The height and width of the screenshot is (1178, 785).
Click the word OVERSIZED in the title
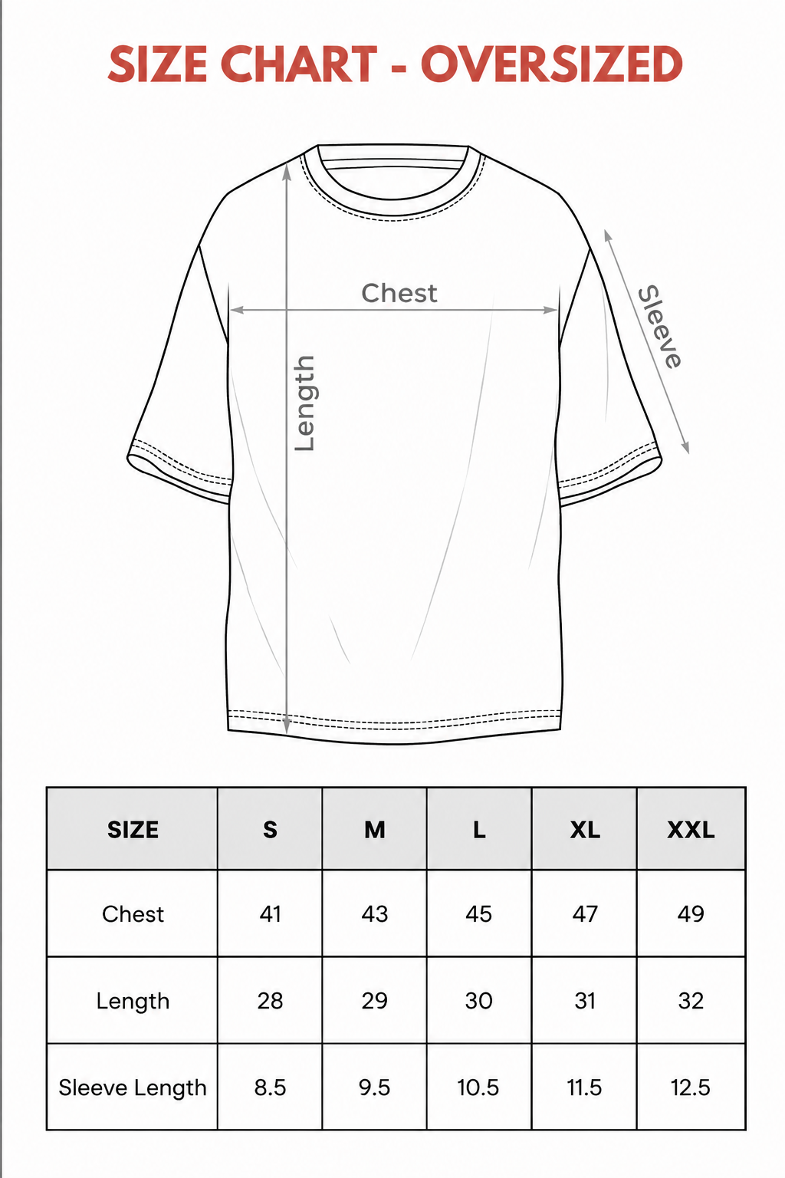pyautogui.click(x=551, y=64)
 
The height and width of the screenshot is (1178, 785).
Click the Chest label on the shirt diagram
pyautogui.click(x=399, y=293)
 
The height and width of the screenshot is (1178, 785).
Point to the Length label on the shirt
pyautogui.click(x=304, y=403)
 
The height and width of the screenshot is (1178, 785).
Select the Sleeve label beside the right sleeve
pyautogui.click(x=660, y=327)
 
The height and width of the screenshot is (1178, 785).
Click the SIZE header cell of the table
pyautogui.click(x=133, y=830)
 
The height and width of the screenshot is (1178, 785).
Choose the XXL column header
pyautogui.click(x=691, y=830)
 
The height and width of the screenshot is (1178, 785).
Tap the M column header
pyautogui.click(x=374, y=830)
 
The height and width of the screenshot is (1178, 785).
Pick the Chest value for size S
pyautogui.click(x=270, y=914)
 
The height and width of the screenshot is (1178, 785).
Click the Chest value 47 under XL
pyautogui.click(x=585, y=914)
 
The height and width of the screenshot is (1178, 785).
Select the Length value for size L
pyautogui.click(x=478, y=1001)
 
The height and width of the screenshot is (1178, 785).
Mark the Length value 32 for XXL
pyautogui.click(x=691, y=1001)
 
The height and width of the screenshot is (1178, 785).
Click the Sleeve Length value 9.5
pyautogui.click(x=374, y=1088)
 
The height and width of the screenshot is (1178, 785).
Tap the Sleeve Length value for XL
pyautogui.click(x=584, y=1088)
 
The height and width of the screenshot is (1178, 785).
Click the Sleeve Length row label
pyautogui.click(x=133, y=1088)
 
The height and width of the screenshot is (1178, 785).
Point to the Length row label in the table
pyautogui.click(x=133, y=1002)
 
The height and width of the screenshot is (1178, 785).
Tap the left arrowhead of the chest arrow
pyautogui.click(x=235, y=310)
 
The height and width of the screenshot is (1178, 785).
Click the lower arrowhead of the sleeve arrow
pyautogui.click(x=685, y=447)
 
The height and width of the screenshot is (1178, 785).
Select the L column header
pyautogui.click(x=479, y=830)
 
